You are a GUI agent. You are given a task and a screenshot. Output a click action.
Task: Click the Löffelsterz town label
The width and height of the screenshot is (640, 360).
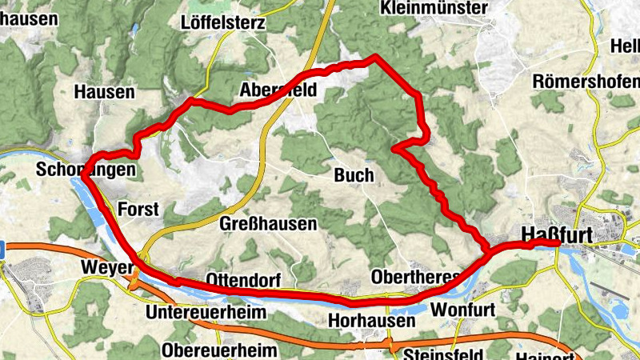pos(223,22)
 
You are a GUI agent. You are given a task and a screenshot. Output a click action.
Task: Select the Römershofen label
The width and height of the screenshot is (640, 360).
pos(586,82)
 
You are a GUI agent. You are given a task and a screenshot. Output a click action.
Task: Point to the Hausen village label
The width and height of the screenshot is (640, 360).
pos(104,92)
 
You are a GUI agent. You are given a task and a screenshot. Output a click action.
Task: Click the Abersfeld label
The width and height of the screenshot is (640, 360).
pos(278,91)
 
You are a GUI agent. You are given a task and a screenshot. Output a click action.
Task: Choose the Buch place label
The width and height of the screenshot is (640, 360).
pos(354,175)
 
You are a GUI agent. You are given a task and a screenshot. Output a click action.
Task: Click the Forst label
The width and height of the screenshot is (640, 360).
pos(138,210)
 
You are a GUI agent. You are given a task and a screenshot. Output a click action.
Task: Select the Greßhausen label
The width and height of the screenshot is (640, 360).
pos(268,224)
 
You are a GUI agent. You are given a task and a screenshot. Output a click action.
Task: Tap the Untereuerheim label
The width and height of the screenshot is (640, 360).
pos(206,312)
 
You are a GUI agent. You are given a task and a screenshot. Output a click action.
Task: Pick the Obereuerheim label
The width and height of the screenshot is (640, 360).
pos(219,350)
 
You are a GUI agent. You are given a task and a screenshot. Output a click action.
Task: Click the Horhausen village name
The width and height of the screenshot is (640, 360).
pos(372,321)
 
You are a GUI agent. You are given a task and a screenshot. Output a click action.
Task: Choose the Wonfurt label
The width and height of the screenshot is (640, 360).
pos(463,309)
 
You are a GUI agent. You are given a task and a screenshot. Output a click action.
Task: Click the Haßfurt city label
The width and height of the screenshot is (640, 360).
pos(557,233)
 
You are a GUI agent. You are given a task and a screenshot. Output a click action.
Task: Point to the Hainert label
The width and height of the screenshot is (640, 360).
pos(548,355)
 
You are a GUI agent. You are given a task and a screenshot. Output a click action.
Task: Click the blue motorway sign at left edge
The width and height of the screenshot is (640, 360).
pos(2,250)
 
